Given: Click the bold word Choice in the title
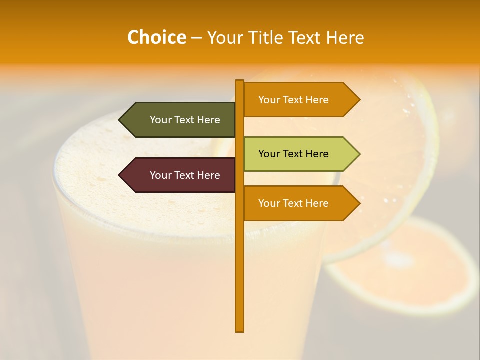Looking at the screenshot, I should [x=156, y=37].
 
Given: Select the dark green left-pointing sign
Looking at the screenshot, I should [x=177, y=120].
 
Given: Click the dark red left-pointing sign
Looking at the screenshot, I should [x=177, y=175].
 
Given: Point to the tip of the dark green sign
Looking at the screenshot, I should [x=120, y=120].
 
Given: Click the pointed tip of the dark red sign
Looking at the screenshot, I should [x=120, y=175].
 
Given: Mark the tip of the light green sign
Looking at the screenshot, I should [x=359, y=154].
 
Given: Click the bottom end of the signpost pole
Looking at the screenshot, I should [x=240, y=330].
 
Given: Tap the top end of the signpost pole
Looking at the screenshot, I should [x=240, y=81].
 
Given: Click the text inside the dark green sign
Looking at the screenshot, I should [x=185, y=120].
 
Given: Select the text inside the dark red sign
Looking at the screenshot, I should [x=185, y=175].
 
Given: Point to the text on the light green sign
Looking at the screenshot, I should [x=293, y=154].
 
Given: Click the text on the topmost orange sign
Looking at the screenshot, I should [x=293, y=100].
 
